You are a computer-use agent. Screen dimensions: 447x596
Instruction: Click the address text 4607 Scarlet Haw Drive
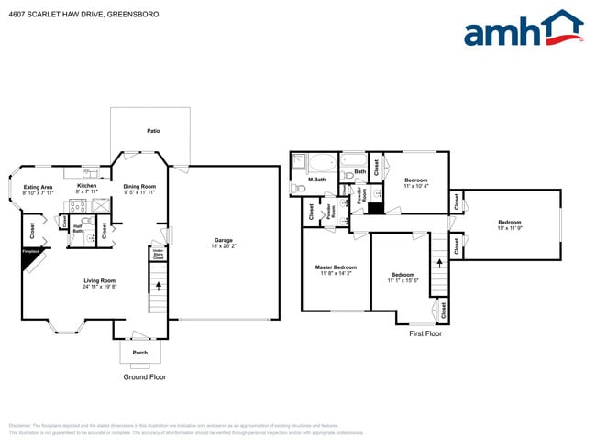(x=56, y=14)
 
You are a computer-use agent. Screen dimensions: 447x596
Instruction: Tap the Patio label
(x=153, y=131)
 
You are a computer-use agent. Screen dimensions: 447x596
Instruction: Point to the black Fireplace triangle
(x=32, y=262)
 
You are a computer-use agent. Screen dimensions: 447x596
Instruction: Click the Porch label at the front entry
(x=140, y=352)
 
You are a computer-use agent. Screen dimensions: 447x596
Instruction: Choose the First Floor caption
(x=425, y=333)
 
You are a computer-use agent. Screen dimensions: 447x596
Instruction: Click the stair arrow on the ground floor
(x=158, y=285)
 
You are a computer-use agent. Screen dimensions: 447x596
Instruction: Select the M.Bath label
(x=317, y=179)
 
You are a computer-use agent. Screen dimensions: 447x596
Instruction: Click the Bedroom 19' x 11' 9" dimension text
(x=509, y=228)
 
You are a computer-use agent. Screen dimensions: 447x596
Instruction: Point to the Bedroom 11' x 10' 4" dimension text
(x=416, y=186)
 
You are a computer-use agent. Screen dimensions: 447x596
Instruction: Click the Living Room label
(x=99, y=280)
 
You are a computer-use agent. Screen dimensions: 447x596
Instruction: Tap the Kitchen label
(x=86, y=186)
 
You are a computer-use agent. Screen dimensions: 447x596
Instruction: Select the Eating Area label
(x=38, y=187)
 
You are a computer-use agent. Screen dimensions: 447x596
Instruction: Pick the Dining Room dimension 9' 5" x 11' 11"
(x=140, y=192)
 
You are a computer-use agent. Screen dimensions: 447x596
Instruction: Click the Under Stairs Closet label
(x=158, y=253)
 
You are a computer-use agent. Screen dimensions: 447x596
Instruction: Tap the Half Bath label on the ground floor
(x=78, y=229)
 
